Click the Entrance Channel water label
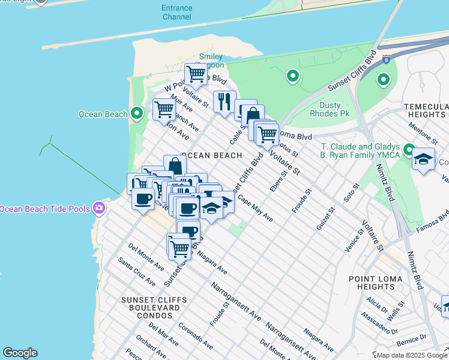click(176, 13)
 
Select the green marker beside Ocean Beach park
click(137, 113)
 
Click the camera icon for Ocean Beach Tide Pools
click(99, 209)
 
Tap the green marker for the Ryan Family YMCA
click(409, 149)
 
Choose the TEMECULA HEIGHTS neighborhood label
click(426, 110)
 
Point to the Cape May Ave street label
click(255, 208)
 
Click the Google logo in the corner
click(20, 353)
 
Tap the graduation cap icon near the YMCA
click(423, 159)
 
